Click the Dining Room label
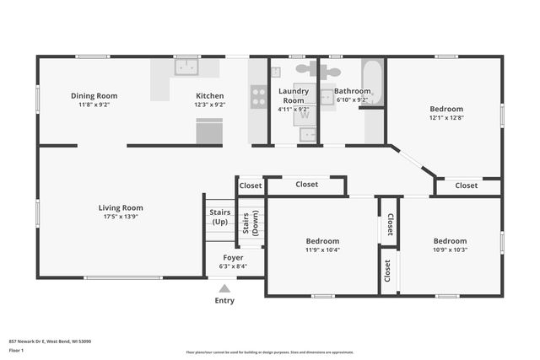(94, 95)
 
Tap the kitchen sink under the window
(186, 66)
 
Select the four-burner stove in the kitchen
(259, 96)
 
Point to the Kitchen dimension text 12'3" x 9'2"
(210, 105)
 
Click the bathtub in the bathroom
(372, 83)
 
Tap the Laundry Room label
(293, 95)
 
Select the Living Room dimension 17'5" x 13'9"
(121, 218)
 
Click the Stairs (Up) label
(219, 218)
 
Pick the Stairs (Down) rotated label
(251, 221)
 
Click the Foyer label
(233, 257)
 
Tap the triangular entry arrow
(224, 288)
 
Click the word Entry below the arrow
(224, 301)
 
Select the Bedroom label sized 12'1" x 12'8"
(445, 109)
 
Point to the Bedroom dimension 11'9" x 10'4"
(322, 250)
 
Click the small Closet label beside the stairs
(251, 185)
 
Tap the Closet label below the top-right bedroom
(467, 185)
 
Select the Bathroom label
(352, 91)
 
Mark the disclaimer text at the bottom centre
(269, 352)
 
